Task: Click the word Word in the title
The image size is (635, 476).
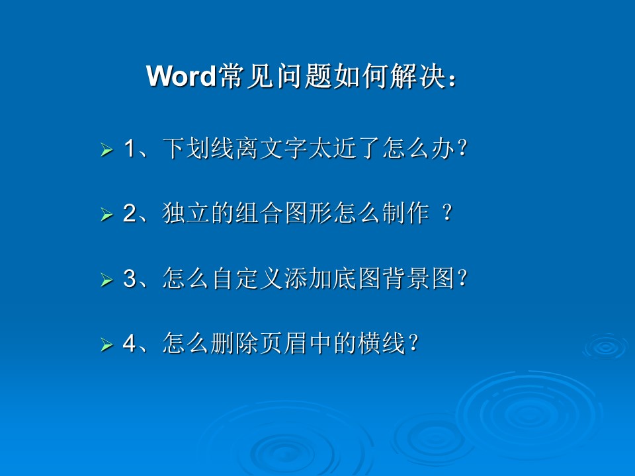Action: (x=181, y=75)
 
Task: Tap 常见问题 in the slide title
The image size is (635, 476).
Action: (x=275, y=75)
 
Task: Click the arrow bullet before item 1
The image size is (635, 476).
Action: (x=106, y=150)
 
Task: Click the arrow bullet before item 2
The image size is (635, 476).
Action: (x=106, y=214)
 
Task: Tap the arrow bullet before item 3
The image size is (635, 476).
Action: (x=106, y=280)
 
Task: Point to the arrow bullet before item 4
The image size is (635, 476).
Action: (x=106, y=344)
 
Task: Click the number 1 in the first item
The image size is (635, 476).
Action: (x=129, y=148)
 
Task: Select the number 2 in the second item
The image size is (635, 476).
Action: (x=130, y=213)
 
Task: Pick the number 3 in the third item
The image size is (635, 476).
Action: (x=130, y=278)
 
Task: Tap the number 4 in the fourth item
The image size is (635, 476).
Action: (x=130, y=343)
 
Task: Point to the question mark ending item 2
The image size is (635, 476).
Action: (x=447, y=212)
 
